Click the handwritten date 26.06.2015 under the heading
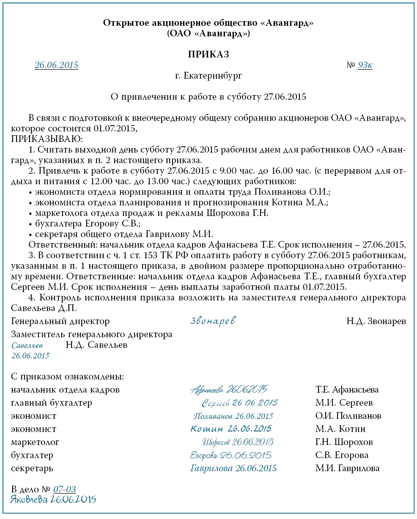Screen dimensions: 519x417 pos(56,65)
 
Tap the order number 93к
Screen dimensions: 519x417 pos(365,65)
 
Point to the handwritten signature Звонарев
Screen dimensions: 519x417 pos(213,321)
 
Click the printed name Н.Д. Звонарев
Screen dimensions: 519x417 pos(376,321)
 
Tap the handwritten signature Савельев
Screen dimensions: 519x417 pos(27,345)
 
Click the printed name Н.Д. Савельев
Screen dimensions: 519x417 pos(96,345)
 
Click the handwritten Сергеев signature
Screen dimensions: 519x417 pos(239,402)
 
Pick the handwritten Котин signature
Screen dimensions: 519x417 pos(231,429)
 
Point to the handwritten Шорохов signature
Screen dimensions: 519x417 pos(238,442)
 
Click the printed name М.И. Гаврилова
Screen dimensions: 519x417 pos(347,468)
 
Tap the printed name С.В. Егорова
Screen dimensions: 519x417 pos(342,455)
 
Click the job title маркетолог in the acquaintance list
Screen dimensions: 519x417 pos(35,442)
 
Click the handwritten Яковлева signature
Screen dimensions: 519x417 pos(53,499)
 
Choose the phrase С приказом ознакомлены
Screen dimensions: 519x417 pos(68,376)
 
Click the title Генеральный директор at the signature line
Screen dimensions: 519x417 pos(60,321)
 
